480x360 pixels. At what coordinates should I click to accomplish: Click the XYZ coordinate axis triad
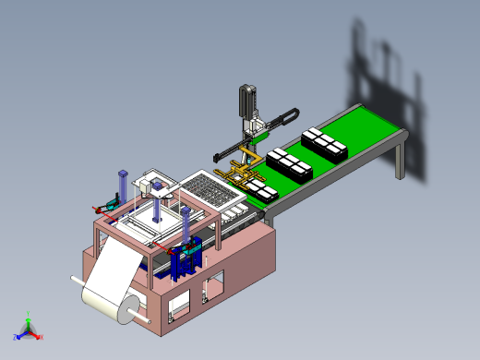[x=29, y=328]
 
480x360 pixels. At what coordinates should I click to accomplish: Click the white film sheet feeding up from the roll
[x=116, y=268]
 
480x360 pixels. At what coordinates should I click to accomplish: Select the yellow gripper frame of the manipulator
[x=238, y=172]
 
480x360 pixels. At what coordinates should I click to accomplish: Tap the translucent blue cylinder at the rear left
[x=122, y=186]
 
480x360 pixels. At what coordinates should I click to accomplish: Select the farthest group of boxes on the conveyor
[x=325, y=143]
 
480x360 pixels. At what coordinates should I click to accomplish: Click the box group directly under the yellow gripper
[x=260, y=188]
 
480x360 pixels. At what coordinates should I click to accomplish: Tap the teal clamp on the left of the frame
[x=112, y=202]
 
